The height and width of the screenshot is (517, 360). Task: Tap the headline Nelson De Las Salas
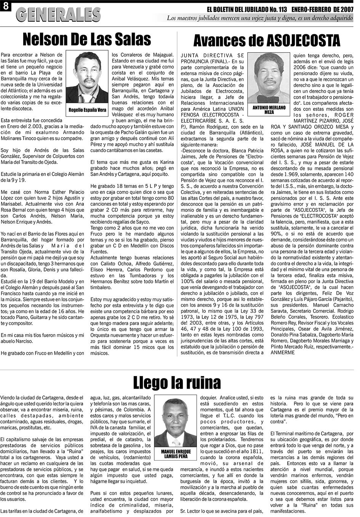tap(86, 40)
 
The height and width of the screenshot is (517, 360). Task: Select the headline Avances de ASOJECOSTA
tap(266, 40)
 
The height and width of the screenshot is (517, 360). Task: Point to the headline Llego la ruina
tap(177, 381)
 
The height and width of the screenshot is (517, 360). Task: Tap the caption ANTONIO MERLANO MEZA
tap(269, 110)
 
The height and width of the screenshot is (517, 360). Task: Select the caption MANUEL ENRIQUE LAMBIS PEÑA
tap(176, 453)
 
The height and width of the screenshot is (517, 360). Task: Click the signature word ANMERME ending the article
tap(283, 352)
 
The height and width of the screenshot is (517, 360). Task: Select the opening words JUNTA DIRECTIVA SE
tap(212, 56)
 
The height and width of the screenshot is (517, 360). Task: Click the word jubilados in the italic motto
tap(216, 18)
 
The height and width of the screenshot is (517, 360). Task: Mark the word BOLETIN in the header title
tap(237, 9)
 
